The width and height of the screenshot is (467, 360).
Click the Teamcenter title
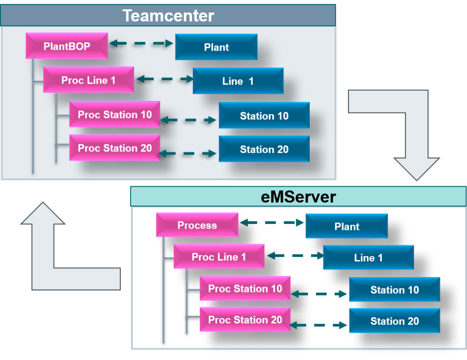[x=168, y=16]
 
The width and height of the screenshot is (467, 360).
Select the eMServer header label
[x=298, y=197]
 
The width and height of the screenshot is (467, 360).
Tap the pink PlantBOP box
[x=67, y=46]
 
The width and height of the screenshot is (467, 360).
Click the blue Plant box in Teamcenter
[x=216, y=47]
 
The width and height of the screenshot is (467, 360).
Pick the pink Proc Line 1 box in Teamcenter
[x=88, y=80]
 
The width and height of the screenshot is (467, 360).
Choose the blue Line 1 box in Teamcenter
[x=238, y=81]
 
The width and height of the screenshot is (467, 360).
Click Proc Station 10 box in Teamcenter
[x=114, y=114]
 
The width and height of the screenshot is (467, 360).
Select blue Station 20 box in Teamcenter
[x=264, y=149]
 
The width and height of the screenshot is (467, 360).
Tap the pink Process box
[x=197, y=225]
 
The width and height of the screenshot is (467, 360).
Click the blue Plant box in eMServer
[x=347, y=227]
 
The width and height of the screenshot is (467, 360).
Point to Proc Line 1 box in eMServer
[x=219, y=257]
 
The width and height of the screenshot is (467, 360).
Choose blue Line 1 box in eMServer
[x=368, y=258]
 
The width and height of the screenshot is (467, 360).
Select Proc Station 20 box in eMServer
[x=245, y=320]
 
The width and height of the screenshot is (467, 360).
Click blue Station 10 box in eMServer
[x=394, y=290]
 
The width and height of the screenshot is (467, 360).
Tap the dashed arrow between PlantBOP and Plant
[x=142, y=44]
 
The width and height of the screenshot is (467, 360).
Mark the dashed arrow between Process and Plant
[x=272, y=223]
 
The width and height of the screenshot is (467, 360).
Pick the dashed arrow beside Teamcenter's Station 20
[x=188, y=154]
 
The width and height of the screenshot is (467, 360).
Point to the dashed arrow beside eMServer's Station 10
[x=319, y=294]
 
